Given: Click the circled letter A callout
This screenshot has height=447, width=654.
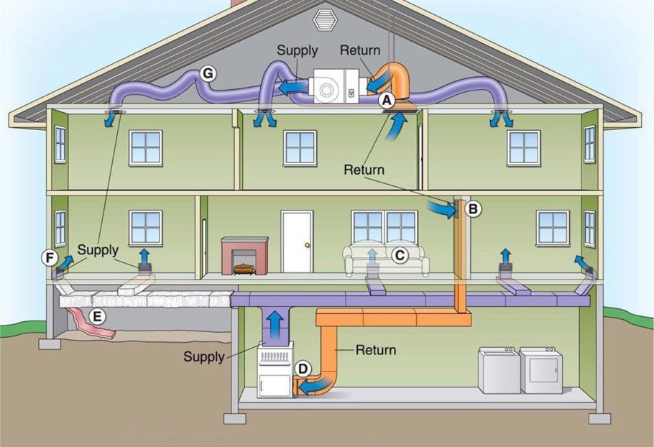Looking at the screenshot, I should pos(387,101).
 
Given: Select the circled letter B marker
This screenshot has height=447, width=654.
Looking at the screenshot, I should pos(473,209).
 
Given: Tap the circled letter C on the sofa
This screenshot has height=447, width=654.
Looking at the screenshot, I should pos(400,254).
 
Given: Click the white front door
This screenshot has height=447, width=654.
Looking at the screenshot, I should pos(297,241).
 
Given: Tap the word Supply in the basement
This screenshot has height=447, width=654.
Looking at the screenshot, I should pos(204,356).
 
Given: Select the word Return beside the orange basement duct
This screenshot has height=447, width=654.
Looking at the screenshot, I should pos(375,350).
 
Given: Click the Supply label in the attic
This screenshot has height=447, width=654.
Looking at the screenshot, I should pos(298,51).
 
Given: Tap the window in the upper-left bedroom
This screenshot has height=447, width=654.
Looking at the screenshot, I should pos(146,147).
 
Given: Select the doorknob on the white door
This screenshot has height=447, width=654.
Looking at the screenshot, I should pos(308,245).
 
